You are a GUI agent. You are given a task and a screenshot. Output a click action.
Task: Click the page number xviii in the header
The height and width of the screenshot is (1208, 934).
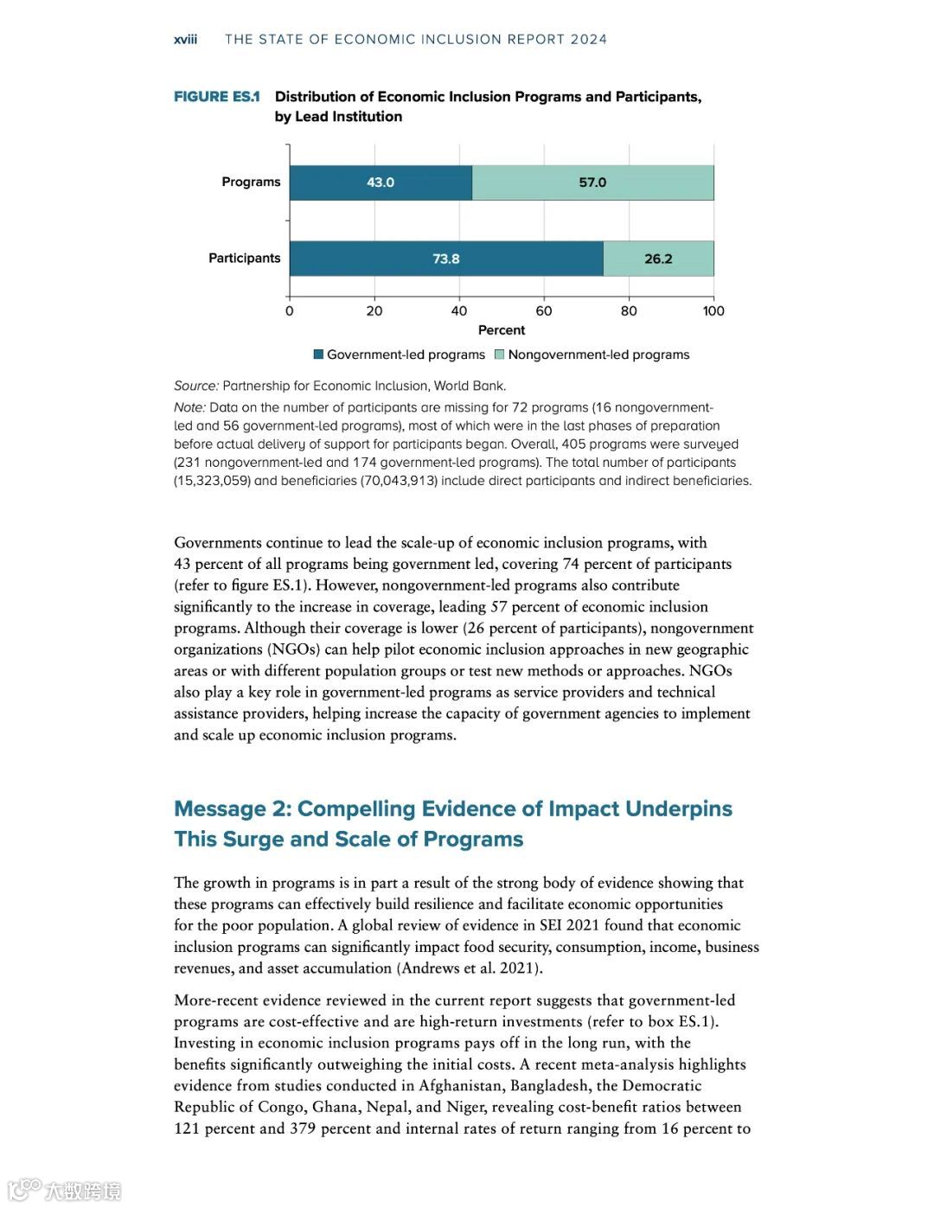(x=185, y=39)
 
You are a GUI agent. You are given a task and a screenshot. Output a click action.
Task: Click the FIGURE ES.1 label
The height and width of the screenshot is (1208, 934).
(x=216, y=97)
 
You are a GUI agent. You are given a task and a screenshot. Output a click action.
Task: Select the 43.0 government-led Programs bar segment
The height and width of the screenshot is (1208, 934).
(x=381, y=182)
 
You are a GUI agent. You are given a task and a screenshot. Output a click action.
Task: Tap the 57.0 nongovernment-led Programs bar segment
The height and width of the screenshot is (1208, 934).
(x=592, y=182)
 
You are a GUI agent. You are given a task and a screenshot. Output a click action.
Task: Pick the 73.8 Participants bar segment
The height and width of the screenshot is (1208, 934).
(x=446, y=259)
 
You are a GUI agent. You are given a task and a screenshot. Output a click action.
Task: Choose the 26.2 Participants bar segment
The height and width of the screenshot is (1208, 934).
(x=658, y=259)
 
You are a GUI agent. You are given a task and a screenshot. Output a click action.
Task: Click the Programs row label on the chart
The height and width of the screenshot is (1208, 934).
(x=251, y=182)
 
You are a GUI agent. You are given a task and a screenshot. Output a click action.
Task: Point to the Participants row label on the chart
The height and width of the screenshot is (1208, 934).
(x=244, y=258)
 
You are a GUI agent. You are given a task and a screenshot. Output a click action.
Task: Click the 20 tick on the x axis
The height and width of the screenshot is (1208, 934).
(x=374, y=310)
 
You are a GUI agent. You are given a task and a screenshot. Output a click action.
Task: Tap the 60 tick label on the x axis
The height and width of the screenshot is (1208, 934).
(x=544, y=310)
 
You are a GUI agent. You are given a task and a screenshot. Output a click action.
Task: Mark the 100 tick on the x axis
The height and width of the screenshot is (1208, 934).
(x=713, y=310)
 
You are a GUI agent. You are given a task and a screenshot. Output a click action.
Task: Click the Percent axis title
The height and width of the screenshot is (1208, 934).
(x=502, y=329)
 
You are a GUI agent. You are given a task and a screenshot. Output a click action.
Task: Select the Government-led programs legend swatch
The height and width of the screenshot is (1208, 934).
(x=318, y=355)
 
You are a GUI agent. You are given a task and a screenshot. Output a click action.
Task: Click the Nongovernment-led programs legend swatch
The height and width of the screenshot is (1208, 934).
(x=499, y=355)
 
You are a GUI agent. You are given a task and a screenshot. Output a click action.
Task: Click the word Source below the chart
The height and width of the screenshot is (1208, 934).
(x=195, y=386)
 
